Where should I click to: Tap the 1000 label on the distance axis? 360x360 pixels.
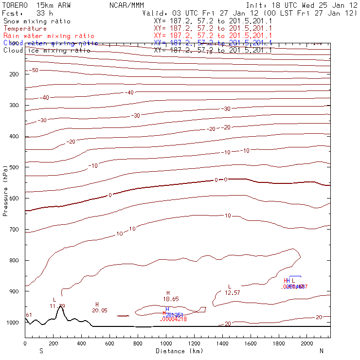pos(166,344)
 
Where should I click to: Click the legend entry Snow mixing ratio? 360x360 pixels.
pos(36,21)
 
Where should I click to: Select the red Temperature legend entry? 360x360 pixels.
pos(25,29)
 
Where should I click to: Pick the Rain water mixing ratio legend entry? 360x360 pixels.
pos(48,36)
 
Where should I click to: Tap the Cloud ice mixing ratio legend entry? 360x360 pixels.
pos(46,50)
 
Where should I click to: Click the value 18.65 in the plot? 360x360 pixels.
pos(171,299)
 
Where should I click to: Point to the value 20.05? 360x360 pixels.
pos(99,310)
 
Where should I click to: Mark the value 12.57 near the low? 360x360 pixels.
pos(232,293)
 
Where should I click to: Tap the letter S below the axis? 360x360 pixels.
pos(41,351)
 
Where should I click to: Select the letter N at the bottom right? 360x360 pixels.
pos(322,351)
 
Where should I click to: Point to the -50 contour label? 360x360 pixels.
pos(34,71)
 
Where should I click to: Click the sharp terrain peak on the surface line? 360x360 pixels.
pos(61,306)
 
